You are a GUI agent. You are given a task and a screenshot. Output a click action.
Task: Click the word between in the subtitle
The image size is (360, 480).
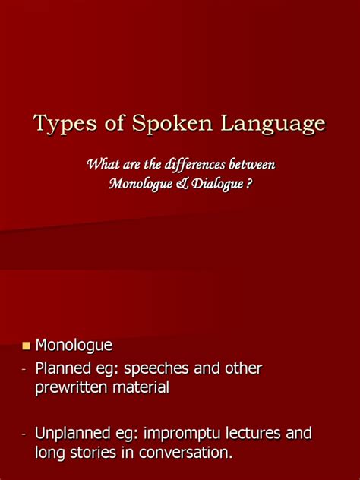click(x=252, y=164)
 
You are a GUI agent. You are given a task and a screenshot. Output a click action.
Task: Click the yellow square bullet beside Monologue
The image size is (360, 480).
click(x=26, y=346)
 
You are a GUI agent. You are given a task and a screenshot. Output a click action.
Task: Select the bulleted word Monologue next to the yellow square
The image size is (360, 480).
click(x=74, y=346)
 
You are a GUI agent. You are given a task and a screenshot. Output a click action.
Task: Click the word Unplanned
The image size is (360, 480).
click(x=75, y=434)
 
